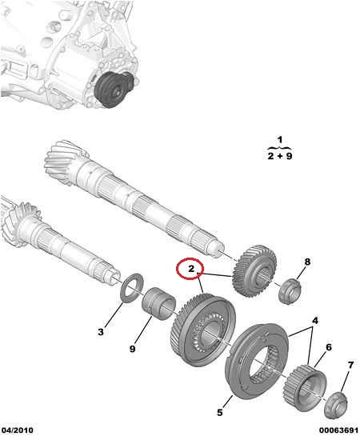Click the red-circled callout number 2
pyautogui.click(x=191, y=269)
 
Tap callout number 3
pyautogui.click(x=101, y=331)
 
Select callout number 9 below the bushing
pyautogui.click(x=133, y=349)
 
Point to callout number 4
pyautogui.click(x=315, y=321)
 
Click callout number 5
pyautogui.click(x=220, y=412)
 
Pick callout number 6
pyautogui.click(x=329, y=347)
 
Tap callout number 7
pyautogui.click(x=350, y=365)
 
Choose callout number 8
pyautogui.click(x=307, y=262)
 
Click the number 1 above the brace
pyautogui.click(x=280, y=139)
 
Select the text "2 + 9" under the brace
pyautogui.click(x=280, y=156)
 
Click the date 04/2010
pyautogui.click(x=17, y=430)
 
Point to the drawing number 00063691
pyautogui.click(x=339, y=430)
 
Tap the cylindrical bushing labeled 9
pyautogui.click(x=158, y=303)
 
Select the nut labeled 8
pyautogui.click(x=290, y=291)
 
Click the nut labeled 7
pyautogui.click(x=336, y=403)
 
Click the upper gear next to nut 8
pyautogui.click(x=254, y=271)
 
